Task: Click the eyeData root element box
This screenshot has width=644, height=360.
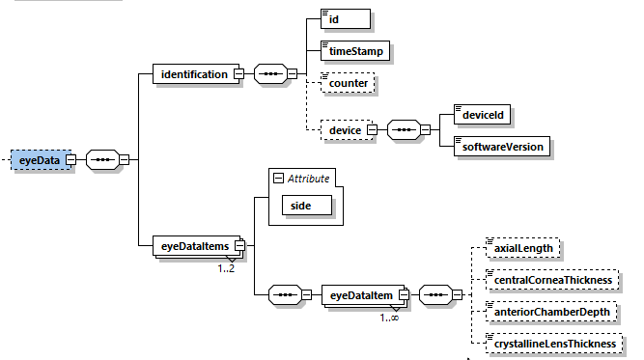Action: click(x=40, y=159)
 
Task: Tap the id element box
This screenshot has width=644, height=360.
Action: click(x=346, y=19)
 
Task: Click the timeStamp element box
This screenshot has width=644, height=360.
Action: click(x=354, y=50)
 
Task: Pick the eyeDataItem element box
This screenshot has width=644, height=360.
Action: click(x=361, y=293)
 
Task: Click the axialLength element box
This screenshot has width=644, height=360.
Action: click(x=522, y=248)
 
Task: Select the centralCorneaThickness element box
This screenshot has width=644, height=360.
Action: click(x=552, y=280)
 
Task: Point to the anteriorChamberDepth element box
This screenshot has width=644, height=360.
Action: click(x=549, y=311)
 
